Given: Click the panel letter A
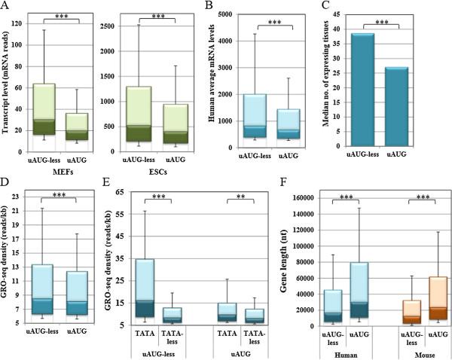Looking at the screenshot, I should click(x=5, y=6).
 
